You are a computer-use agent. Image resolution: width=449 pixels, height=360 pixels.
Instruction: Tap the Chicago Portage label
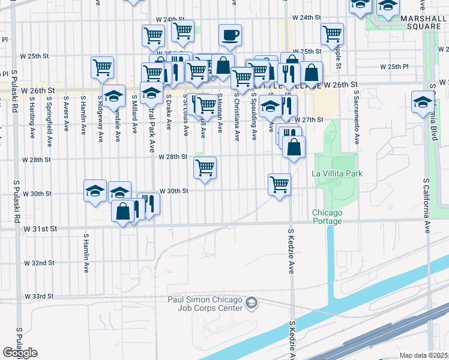[327, 217]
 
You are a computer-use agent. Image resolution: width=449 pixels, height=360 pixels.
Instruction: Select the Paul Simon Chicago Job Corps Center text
[205, 304]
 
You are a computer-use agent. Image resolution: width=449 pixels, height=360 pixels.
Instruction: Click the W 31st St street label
[40, 229]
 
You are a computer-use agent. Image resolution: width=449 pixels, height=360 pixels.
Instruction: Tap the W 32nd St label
[40, 263]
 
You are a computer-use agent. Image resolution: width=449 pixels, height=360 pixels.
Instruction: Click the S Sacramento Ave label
[356, 118]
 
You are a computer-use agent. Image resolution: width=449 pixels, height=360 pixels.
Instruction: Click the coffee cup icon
[229, 34]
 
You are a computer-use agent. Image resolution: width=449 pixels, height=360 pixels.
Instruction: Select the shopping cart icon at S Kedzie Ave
[279, 184]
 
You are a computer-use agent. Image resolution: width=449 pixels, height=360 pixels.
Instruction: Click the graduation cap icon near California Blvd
[423, 101]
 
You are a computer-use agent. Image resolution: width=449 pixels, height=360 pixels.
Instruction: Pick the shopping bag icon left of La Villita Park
[294, 146]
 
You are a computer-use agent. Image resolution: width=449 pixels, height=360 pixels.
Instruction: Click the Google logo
[20, 353]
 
